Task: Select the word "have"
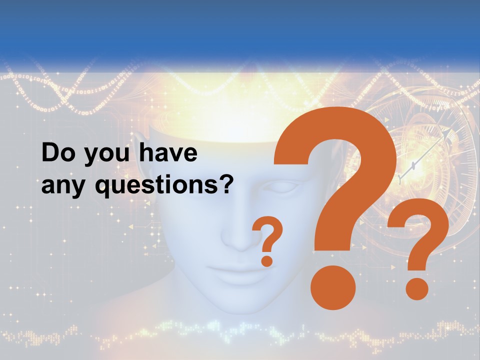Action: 168,153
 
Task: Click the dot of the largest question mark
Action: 332,287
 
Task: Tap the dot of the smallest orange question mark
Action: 267,261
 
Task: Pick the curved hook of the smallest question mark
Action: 269,232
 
